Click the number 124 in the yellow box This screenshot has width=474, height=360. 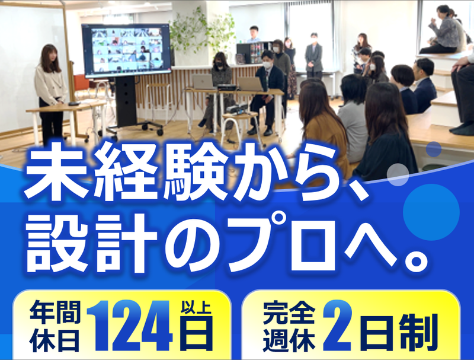130,326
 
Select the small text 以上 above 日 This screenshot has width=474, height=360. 196,307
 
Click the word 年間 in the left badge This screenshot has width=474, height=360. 55,312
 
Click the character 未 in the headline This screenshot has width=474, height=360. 57,172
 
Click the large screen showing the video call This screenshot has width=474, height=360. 127,50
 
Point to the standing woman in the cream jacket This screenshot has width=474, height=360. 50,94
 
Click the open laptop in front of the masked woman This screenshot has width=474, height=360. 203,82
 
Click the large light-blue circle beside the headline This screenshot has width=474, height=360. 431,212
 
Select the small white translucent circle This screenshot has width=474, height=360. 398,174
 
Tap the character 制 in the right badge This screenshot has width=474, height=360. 418,332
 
